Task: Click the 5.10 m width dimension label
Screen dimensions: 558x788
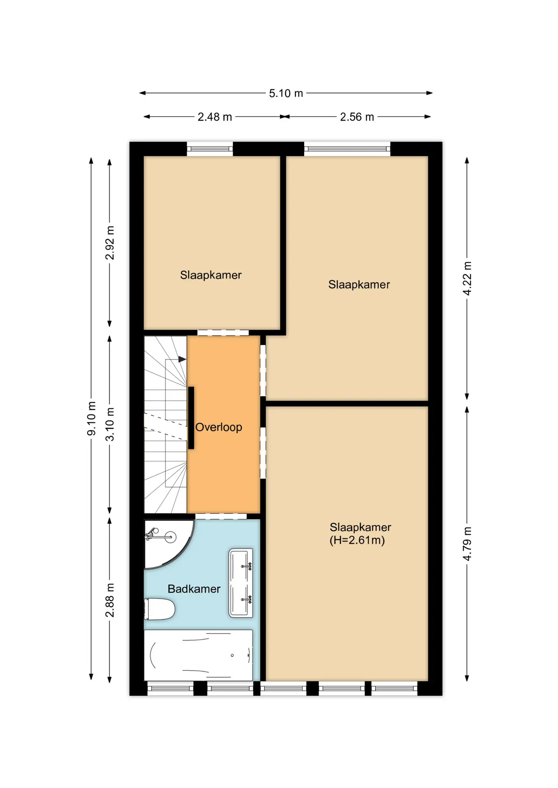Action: (x=286, y=93)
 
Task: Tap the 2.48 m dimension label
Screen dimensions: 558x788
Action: (x=214, y=117)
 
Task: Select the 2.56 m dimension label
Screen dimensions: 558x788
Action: (x=357, y=117)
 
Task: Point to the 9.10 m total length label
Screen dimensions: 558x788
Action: (x=91, y=418)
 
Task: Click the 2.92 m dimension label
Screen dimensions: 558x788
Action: (x=110, y=243)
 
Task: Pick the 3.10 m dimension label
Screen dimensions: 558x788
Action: (x=110, y=424)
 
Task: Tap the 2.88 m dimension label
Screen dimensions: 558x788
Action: (x=110, y=600)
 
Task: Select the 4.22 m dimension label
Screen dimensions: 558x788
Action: (x=467, y=278)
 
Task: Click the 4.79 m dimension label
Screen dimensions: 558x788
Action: (x=467, y=544)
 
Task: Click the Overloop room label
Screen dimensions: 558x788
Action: (x=219, y=427)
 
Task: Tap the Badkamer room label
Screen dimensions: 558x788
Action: (x=194, y=589)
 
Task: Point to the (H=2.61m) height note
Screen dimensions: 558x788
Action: (x=357, y=540)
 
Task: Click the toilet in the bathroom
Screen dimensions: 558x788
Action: (x=159, y=609)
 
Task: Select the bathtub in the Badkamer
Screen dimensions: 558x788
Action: (x=198, y=655)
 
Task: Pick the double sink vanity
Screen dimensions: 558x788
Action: (x=241, y=583)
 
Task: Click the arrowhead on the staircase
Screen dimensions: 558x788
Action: (x=182, y=360)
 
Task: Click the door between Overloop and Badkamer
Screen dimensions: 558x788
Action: (x=221, y=516)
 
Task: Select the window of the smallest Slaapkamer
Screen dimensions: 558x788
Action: (x=210, y=149)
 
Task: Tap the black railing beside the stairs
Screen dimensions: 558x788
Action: (x=191, y=418)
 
